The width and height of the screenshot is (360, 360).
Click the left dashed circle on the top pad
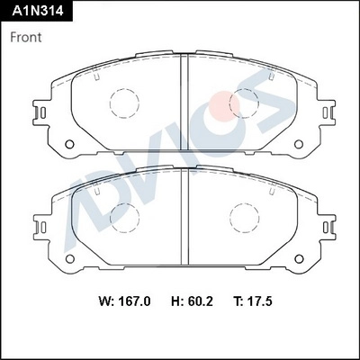click(123, 105)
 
